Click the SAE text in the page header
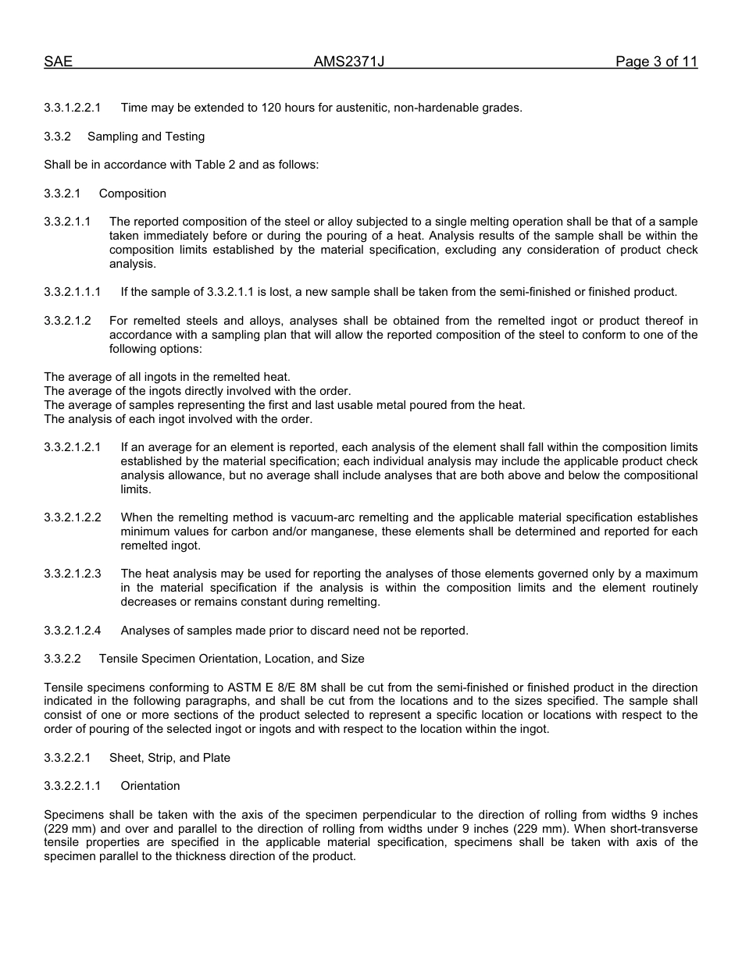(58, 62)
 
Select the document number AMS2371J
(349, 62)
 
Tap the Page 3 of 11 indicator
(656, 62)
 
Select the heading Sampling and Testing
(146, 137)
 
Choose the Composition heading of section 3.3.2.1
(133, 194)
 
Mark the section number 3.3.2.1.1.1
(73, 292)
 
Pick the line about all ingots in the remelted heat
(167, 377)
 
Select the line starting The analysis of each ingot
(178, 419)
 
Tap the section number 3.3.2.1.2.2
(73, 517)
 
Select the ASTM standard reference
(194, 688)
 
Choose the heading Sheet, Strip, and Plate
(169, 758)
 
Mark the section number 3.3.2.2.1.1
(73, 786)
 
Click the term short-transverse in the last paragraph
(659, 828)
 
